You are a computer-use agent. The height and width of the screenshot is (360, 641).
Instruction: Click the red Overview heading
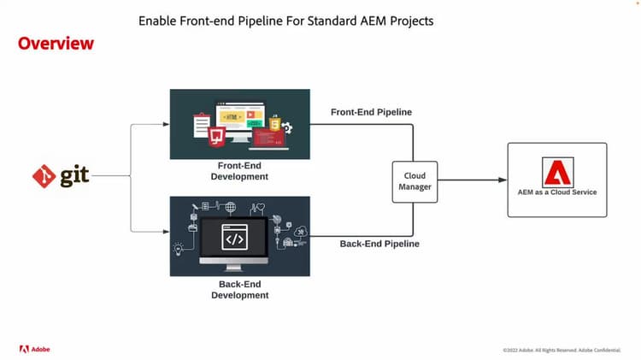(x=56, y=43)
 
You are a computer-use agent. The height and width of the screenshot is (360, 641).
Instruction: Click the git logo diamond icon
(x=44, y=177)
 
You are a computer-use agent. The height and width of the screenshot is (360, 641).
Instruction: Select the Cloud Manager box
(x=415, y=181)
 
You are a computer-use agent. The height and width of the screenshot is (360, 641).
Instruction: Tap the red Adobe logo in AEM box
(x=556, y=172)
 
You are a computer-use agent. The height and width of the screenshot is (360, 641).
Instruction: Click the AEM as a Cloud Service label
(x=557, y=192)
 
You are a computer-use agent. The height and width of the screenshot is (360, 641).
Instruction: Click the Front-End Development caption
(x=239, y=171)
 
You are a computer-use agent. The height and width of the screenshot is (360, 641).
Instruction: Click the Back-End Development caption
(x=239, y=289)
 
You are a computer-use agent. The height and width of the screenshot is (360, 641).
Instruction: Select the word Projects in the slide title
(x=409, y=20)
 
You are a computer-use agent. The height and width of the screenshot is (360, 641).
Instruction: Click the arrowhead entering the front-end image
(x=166, y=125)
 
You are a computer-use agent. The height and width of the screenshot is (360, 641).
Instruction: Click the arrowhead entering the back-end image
(x=166, y=231)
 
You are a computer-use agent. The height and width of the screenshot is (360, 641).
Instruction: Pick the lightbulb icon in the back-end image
(x=179, y=248)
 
